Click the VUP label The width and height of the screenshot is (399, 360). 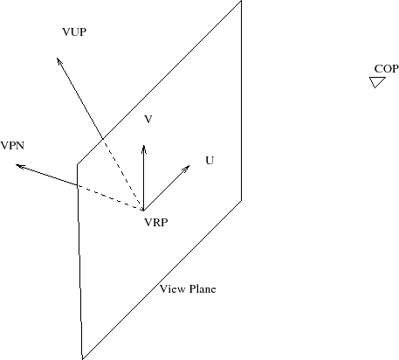74,31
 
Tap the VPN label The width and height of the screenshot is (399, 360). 12,145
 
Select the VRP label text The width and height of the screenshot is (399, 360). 156,223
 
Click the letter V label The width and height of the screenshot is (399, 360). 148,119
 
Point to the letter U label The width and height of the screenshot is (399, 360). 210,161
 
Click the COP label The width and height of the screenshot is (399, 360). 386,69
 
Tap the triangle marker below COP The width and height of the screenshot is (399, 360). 377,82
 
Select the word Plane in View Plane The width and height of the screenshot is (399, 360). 203,289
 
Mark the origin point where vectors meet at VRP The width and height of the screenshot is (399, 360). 143,210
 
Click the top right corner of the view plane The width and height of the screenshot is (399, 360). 241,1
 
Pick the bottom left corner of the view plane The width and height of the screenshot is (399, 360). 83,359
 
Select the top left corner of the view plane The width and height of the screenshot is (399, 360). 77,165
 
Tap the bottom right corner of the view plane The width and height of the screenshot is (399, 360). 241,201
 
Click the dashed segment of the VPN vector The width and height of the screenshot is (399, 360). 110,197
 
